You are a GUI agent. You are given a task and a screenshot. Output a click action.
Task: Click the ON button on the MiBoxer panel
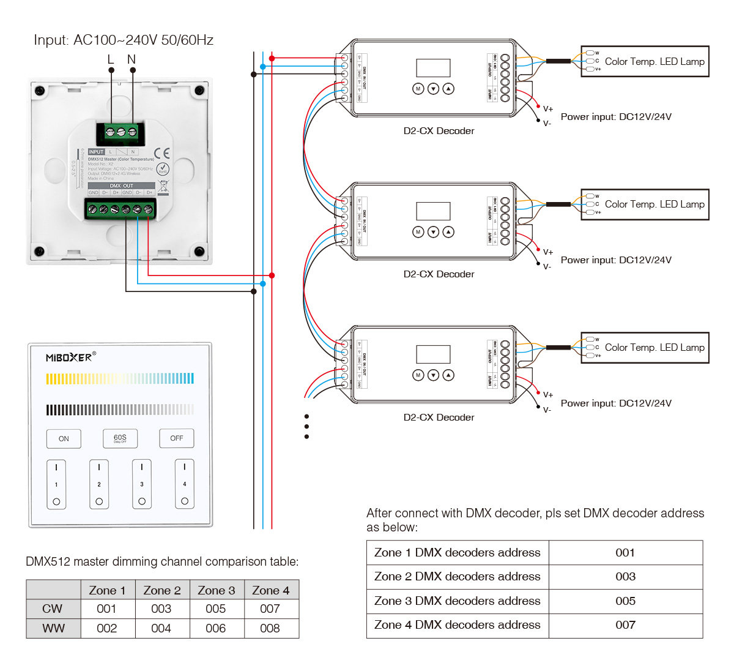pyautogui.click(x=64, y=438)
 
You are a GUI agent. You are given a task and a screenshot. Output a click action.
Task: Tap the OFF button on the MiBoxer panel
pyautogui.click(x=177, y=438)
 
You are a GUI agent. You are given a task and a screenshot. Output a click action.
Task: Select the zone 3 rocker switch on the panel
pyautogui.click(x=142, y=484)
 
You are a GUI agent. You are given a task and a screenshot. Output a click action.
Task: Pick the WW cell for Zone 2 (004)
pyautogui.click(x=161, y=628)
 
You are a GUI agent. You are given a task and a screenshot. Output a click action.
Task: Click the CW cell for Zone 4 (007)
pyautogui.click(x=270, y=609)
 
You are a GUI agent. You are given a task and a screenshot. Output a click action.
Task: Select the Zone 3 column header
pyautogui.click(x=217, y=590)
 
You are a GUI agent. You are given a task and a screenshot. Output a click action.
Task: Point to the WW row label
pyautogui.click(x=53, y=628)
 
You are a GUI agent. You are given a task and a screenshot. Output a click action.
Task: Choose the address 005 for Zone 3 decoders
pyautogui.click(x=625, y=601)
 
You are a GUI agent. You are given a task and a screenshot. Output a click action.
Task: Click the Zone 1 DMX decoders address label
pyautogui.click(x=458, y=552)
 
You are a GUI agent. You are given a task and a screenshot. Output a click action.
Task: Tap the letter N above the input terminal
pyautogui.click(x=132, y=59)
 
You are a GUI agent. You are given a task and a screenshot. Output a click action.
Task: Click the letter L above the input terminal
pyautogui.click(x=111, y=59)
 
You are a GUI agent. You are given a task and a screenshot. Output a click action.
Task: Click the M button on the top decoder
pyautogui.click(x=418, y=89)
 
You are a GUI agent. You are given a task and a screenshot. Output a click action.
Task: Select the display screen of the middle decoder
pyautogui.click(x=433, y=211)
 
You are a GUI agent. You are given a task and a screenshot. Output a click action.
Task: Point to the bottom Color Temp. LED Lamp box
pyautogui.click(x=645, y=348)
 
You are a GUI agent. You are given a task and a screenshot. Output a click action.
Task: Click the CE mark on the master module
pyautogui.click(x=162, y=153)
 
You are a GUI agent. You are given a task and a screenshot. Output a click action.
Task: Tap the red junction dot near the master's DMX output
pyautogui.click(x=272, y=276)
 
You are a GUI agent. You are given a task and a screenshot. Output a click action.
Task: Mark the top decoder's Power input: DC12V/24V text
pyautogui.click(x=616, y=117)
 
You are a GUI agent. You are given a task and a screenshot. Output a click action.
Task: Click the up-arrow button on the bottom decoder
pyautogui.click(x=448, y=375)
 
